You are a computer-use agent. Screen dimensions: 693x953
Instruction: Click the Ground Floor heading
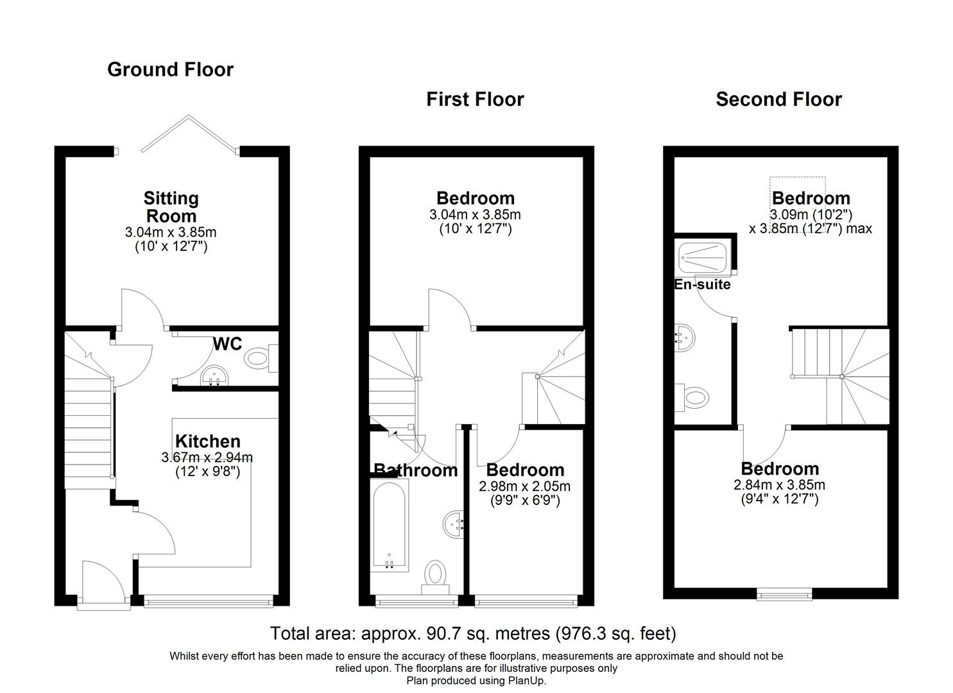click(170, 69)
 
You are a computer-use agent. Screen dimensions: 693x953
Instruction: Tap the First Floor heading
click(475, 99)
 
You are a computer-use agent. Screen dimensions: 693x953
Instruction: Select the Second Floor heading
click(778, 99)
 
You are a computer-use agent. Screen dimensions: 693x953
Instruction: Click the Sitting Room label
click(171, 207)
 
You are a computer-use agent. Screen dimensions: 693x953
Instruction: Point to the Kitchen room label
click(208, 441)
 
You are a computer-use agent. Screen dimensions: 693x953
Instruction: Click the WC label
click(227, 345)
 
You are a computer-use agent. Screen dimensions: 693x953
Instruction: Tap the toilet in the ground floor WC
click(259, 359)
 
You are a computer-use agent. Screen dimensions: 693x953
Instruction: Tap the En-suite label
click(702, 284)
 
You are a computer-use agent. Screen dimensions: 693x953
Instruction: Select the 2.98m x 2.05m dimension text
click(524, 486)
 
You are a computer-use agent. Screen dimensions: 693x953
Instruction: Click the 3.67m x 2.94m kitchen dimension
click(207, 458)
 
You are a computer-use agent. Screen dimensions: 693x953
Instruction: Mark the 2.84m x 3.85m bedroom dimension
click(780, 484)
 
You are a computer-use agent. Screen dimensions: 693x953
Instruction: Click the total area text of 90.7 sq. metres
click(473, 633)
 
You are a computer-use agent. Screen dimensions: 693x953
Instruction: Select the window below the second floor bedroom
click(784, 595)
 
